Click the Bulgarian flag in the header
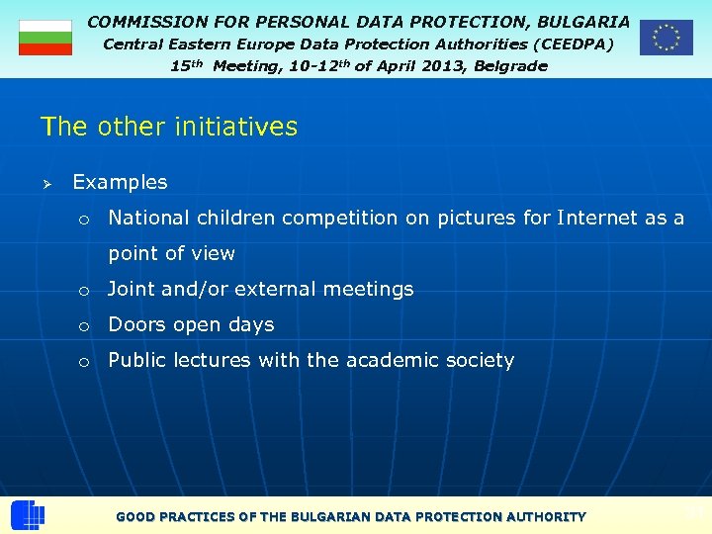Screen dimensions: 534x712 click(x=45, y=38)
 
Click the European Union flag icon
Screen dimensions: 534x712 click(x=666, y=38)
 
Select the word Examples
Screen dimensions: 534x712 click(x=120, y=182)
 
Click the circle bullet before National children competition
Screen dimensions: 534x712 click(x=85, y=220)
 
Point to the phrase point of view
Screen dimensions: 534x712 click(x=171, y=253)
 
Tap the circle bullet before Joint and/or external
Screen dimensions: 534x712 click(x=85, y=291)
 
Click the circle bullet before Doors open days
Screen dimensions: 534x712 click(x=85, y=326)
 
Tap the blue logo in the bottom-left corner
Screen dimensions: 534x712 click(x=27, y=516)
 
